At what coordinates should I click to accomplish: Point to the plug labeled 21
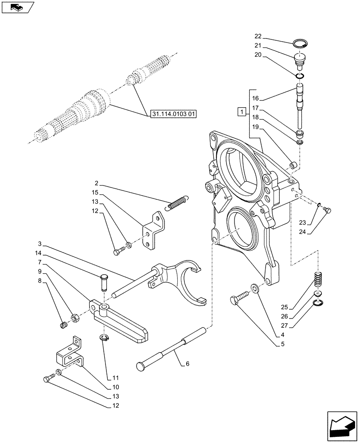[x=301, y=60]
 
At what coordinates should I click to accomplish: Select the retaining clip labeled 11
[x=105, y=338]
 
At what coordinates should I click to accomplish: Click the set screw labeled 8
[x=63, y=326]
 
